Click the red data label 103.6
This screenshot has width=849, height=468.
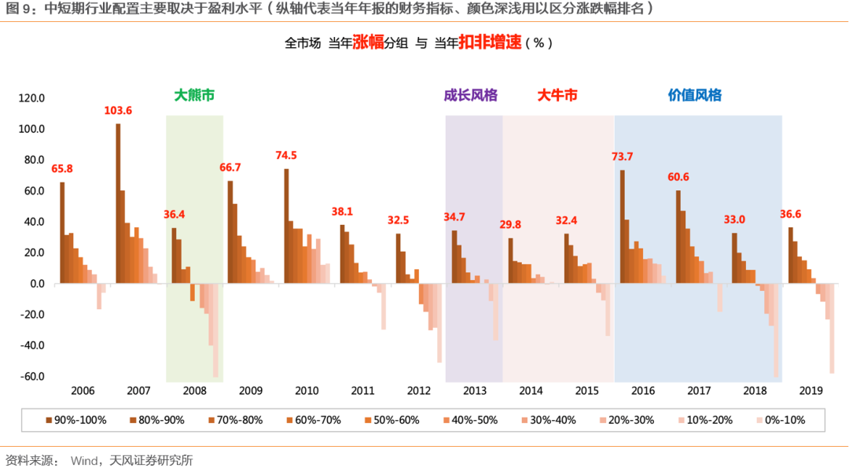(118, 111)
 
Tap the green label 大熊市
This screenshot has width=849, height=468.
(194, 95)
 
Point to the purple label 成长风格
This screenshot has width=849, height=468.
(471, 95)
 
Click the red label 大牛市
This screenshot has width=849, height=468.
(557, 95)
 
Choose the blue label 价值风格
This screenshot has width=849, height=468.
(695, 95)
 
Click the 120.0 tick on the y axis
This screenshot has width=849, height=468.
(32, 98)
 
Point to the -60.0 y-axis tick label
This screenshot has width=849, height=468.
(32, 376)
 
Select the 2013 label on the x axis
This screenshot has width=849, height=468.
(474, 391)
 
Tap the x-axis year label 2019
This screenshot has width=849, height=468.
(810, 391)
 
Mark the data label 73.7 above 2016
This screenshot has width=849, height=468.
(622, 157)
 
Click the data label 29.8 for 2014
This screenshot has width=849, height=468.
(510, 225)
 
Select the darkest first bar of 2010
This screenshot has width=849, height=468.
(286, 226)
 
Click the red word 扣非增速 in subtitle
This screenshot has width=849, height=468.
(490, 43)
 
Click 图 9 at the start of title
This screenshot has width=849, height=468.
(19, 9)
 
